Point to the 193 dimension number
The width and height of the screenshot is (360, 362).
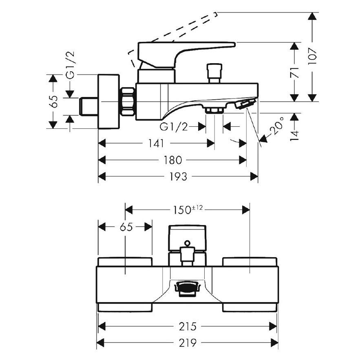pyautogui.click(x=178, y=177)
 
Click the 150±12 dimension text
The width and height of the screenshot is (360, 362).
pyautogui.click(x=186, y=210)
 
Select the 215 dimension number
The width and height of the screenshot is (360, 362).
pyautogui.click(x=187, y=326)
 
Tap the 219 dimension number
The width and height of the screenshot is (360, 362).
pyautogui.click(x=187, y=343)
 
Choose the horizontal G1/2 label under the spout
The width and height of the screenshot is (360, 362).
pyautogui.click(x=174, y=127)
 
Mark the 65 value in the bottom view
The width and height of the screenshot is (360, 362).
pyautogui.click(x=126, y=227)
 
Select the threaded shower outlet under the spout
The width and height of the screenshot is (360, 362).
pyautogui.click(x=214, y=110)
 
